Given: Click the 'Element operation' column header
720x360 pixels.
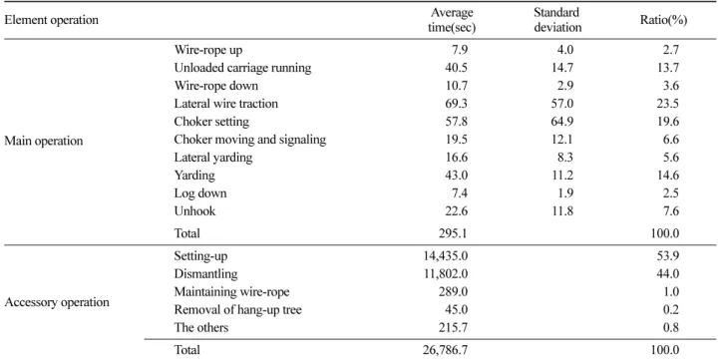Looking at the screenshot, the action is [51, 20].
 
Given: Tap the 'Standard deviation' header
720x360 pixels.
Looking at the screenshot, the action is [557, 20].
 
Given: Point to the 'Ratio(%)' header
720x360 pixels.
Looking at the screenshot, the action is [663, 21].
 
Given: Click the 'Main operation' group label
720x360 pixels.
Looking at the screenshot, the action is [44, 141].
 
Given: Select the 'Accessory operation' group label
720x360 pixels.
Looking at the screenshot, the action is [57, 302].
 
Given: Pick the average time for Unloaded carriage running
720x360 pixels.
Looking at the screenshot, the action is [457, 68].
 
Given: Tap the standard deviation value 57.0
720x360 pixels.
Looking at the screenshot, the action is [562, 104].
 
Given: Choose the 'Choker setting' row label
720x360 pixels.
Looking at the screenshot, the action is [211, 122].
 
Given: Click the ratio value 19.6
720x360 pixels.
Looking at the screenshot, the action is [668, 122].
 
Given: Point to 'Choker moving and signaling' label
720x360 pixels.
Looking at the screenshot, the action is [249, 140].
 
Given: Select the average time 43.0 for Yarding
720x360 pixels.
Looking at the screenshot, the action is [457, 176].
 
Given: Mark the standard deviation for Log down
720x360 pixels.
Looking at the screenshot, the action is [565, 193].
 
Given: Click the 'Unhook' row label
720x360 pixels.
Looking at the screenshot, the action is [194, 211].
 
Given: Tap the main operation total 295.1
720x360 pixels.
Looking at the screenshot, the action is [454, 233].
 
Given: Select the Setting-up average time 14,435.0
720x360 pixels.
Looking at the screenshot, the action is [446, 255].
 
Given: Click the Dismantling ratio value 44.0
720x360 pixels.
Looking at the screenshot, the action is [668, 274].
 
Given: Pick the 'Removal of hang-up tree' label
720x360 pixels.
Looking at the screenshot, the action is [238, 310].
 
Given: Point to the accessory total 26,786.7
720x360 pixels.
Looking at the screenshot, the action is [446, 350].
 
